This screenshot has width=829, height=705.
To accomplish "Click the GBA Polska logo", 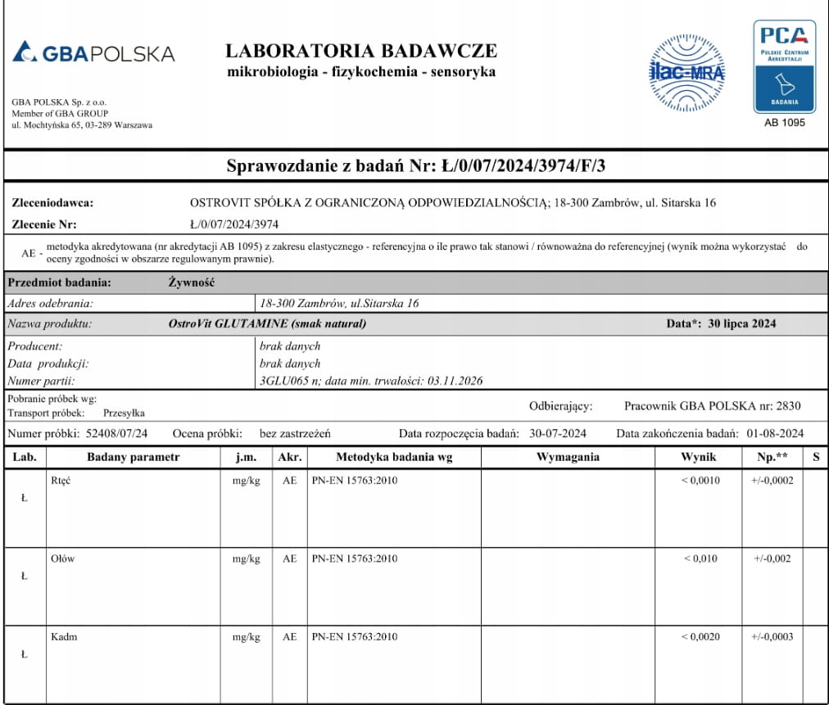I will (x=94, y=53).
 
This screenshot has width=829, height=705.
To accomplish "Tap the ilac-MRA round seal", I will (x=686, y=73).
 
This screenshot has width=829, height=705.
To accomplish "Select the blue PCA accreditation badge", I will (x=784, y=66).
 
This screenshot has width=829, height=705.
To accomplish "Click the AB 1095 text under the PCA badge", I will (x=784, y=122).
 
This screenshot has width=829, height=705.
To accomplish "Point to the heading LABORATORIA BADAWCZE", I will (x=360, y=51).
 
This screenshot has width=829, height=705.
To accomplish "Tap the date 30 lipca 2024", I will (x=741, y=323).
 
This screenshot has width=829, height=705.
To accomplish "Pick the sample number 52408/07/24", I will (x=118, y=433).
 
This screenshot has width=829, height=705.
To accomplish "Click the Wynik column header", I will (x=698, y=457).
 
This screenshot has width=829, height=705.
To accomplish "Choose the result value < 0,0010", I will (x=700, y=481).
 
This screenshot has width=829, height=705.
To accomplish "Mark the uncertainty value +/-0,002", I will (x=772, y=558).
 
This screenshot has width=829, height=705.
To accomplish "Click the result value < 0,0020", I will (x=700, y=636).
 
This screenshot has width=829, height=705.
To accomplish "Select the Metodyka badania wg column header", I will (x=393, y=457).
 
